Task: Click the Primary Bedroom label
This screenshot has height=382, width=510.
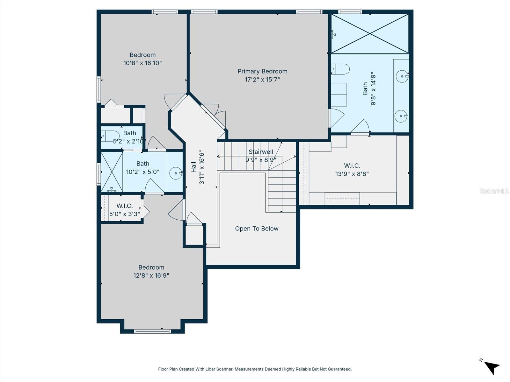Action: (x=262, y=71)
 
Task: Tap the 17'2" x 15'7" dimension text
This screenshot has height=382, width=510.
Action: (x=262, y=80)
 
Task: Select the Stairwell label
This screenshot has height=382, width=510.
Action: (x=261, y=152)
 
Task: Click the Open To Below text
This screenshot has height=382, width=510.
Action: (x=257, y=229)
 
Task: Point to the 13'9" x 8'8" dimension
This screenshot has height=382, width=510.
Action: (x=352, y=174)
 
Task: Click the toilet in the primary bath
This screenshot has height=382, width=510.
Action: (x=340, y=69)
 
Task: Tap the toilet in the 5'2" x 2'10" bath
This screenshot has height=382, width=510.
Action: (x=110, y=136)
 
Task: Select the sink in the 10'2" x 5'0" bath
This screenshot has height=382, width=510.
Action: (x=176, y=173)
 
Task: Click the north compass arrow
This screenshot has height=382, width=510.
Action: (x=492, y=367)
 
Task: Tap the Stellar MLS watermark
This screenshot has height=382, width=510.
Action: (x=494, y=191)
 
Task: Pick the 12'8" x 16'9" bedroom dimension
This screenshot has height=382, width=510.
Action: (x=151, y=275)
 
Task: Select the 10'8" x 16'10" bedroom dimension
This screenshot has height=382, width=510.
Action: (x=142, y=63)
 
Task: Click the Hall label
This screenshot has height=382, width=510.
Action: (x=193, y=167)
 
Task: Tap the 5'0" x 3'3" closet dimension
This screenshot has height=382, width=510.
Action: (x=125, y=214)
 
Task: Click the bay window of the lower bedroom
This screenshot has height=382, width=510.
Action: (x=152, y=331)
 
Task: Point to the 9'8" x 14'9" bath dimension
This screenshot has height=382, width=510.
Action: (x=373, y=90)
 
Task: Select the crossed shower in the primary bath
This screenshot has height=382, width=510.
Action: (x=370, y=34)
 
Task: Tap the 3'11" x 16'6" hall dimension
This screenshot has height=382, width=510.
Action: (x=202, y=168)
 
